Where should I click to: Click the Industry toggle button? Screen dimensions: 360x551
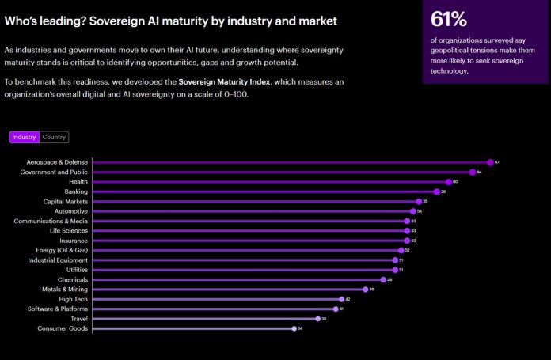(x=24, y=137)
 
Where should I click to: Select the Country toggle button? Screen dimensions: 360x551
(x=54, y=137)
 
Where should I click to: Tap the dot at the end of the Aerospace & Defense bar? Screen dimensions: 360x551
(x=490, y=162)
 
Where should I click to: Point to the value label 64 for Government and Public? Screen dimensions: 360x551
(x=480, y=172)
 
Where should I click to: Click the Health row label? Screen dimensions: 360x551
(x=78, y=182)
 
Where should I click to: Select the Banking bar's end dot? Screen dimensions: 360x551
(x=436, y=191)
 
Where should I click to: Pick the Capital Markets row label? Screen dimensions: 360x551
(x=66, y=201)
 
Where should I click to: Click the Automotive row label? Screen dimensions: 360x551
(x=71, y=211)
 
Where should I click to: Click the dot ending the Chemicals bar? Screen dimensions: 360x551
(x=382, y=279)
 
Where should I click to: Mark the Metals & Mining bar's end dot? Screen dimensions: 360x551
(x=365, y=290)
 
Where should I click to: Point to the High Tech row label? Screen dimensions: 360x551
(x=74, y=299)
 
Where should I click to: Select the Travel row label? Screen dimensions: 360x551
(x=78, y=319)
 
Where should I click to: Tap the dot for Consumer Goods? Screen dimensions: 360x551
(x=293, y=328)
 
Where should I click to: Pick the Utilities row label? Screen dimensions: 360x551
(x=76, y=270)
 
